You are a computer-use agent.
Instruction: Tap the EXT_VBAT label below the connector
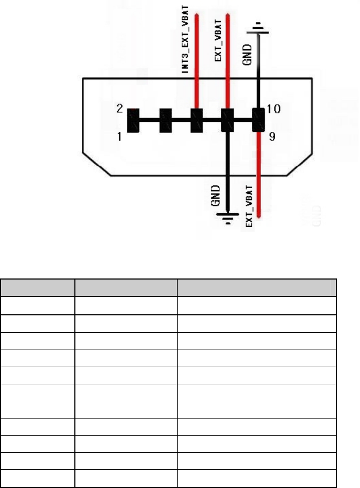point(250,204)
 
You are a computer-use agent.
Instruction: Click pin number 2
point(120,110)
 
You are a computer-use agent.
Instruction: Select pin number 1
point(120,136)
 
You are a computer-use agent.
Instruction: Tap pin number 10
point(273,110)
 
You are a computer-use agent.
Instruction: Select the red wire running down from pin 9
point(259,176)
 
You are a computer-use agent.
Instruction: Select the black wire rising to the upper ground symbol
point(259,69)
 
